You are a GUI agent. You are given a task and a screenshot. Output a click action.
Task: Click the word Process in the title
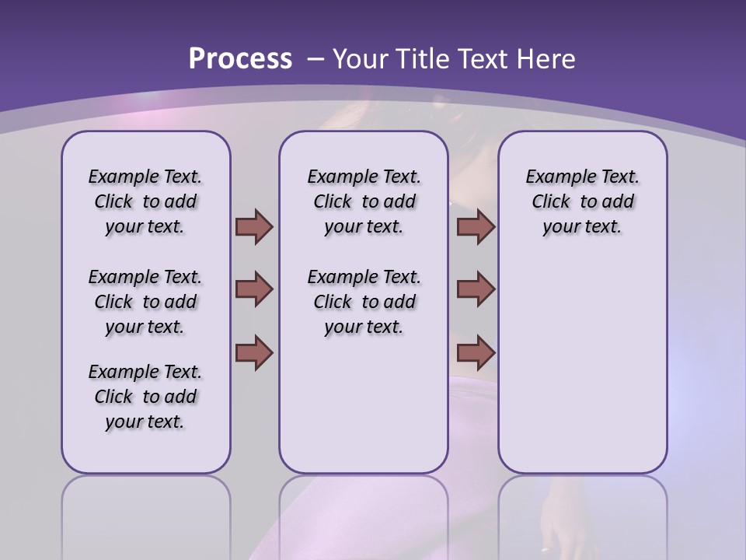coord(240,59)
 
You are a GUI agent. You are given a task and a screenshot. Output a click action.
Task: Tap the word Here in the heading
coord(548,59)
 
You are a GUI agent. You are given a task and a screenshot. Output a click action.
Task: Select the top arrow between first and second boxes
coord(254,226)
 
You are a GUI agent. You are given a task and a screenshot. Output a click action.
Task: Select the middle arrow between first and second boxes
coord(254,289)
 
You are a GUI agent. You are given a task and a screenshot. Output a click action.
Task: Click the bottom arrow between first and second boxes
coord(254,353)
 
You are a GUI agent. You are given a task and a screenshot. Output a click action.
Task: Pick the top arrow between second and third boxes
coord(476,226)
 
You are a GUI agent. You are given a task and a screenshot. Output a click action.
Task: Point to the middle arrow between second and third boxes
coord(476,289)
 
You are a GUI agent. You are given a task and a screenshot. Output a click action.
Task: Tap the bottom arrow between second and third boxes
coord(476,353)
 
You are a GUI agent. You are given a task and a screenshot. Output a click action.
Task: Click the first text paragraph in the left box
coord(145,201)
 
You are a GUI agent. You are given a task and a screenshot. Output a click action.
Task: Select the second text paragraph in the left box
coord(145,302)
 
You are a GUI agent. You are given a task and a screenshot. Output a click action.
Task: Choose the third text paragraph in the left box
coord(145,397)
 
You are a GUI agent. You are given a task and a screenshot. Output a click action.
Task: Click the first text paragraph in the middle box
coord(364,201)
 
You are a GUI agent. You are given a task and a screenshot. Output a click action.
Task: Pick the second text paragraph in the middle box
coord(364,302)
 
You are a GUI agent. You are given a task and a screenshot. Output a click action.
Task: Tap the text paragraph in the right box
coord(582,201)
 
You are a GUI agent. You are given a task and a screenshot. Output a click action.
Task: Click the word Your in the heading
coord(361,59)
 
